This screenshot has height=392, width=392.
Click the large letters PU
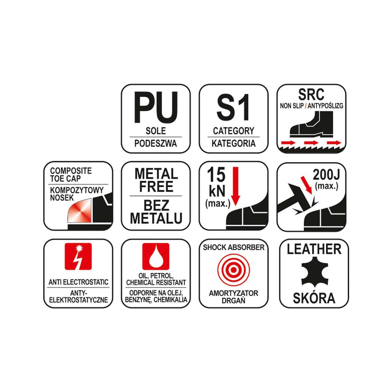click(x=156, y=107)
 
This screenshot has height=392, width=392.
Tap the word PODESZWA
click(x=156, y=144)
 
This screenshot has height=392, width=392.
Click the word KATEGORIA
click(x=234, y=144)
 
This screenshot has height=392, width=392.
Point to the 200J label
click(x=326, y=175)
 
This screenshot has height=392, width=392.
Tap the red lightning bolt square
click(x=78, y=256)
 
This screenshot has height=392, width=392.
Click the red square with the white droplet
click(x=156, y=256)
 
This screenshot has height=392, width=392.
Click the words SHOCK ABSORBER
click(x=234, y=247)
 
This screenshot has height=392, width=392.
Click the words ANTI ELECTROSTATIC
click(x=78, y=282)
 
